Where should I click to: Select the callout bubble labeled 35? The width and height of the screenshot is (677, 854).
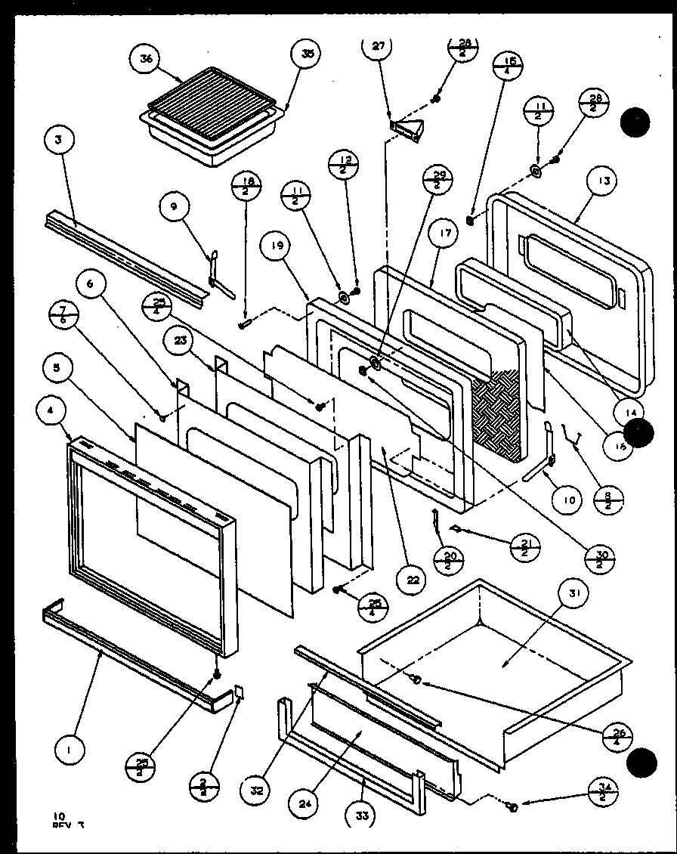coord(306,54)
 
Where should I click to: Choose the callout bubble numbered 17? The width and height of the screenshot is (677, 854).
coord(444,234)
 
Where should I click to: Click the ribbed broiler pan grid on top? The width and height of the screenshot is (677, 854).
coord(212,104)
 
